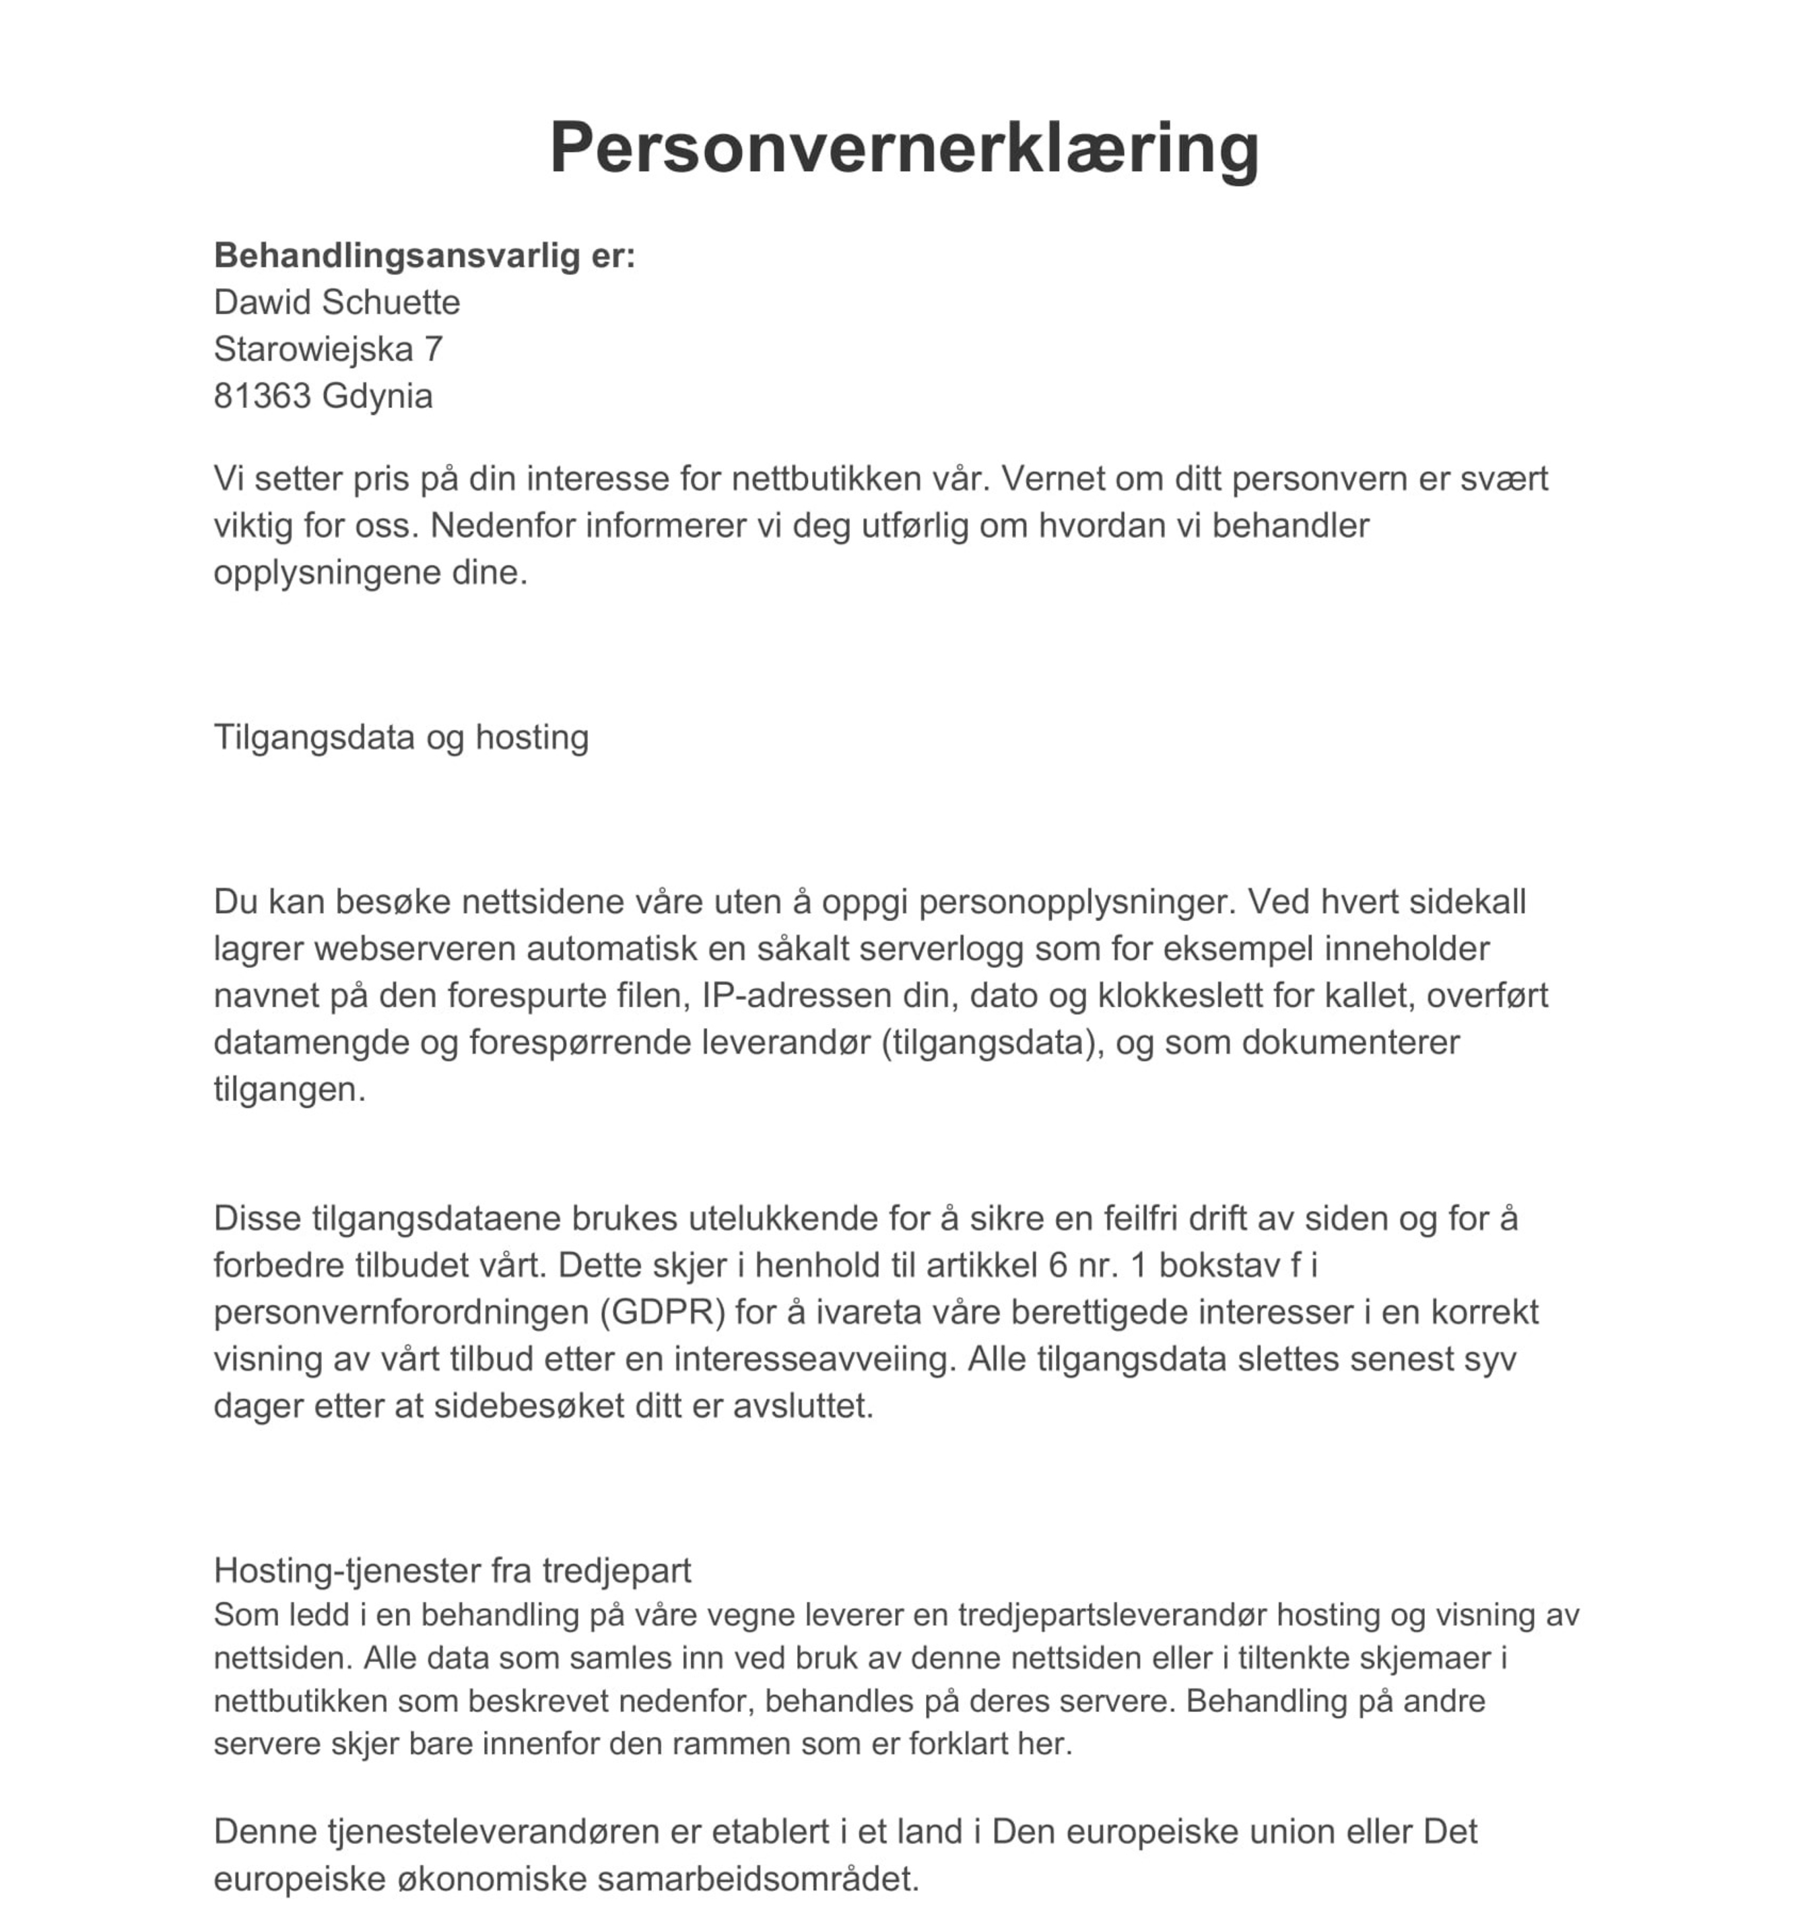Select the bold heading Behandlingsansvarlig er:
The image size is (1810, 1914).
click(424, 256)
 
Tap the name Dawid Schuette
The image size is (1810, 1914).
click(337, 302)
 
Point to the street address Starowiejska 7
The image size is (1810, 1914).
click(328, 349)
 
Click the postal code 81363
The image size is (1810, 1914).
click(261, 397)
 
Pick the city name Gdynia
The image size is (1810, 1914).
click(377, 397)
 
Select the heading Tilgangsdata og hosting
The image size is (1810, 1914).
click(401, 737)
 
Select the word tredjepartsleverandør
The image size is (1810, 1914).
click(1112, 1615)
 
